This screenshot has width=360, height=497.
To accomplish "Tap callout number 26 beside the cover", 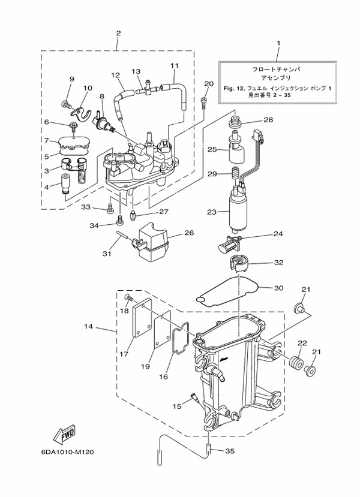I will [188, 233].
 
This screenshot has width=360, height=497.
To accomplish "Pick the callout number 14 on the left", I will [88, 326].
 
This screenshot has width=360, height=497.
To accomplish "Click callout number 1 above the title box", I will [278, 43].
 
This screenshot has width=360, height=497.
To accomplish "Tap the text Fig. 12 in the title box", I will [230, 88].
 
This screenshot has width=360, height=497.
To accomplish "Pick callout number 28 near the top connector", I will [268, 120].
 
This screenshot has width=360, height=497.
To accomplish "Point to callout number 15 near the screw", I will [176, 407].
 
